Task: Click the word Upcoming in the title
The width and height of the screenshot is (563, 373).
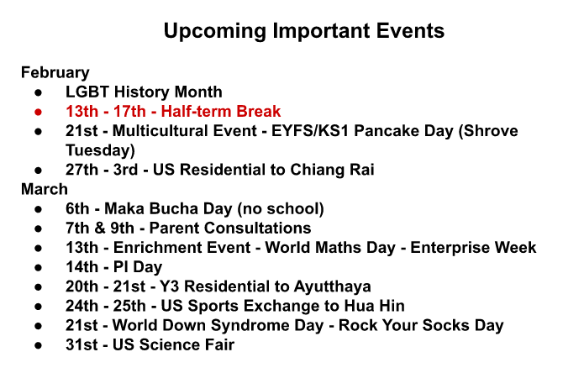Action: coord(215,32)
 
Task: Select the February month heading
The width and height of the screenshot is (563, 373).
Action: coord(55,73)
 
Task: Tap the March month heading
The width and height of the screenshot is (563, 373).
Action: coord(45,189)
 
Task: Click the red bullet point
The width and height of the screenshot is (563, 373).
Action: coord(39,112)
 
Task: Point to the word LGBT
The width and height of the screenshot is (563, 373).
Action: coord(87,92)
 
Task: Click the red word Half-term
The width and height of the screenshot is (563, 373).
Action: coord(197,111)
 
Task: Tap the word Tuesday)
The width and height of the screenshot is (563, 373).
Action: coord(100,150)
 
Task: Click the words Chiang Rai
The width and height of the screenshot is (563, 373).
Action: coord(332,170)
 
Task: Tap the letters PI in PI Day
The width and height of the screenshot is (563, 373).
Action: coord(121,267)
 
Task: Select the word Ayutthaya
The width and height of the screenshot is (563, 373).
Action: coord(333,286)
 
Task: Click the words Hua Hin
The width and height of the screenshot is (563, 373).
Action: coord(375,306)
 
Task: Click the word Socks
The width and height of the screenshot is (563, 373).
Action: coord(446,325)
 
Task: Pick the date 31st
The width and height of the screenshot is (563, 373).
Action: coord(82,344)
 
